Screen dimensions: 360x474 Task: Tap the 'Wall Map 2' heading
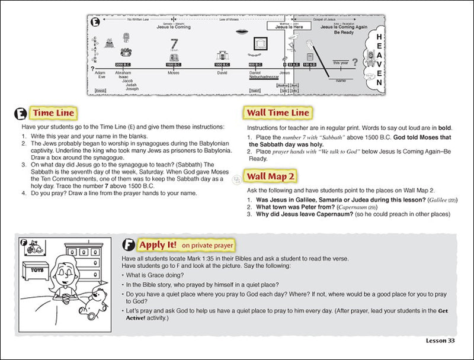pyautogui.click(x=272, y=176)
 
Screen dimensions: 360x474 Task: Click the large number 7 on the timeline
pyautogui.click(x=174, y=44)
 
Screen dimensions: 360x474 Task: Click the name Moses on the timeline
pyautogui.click(x=174, y=73)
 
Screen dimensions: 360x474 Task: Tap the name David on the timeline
pyautogui.click(x=222, y=73)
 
